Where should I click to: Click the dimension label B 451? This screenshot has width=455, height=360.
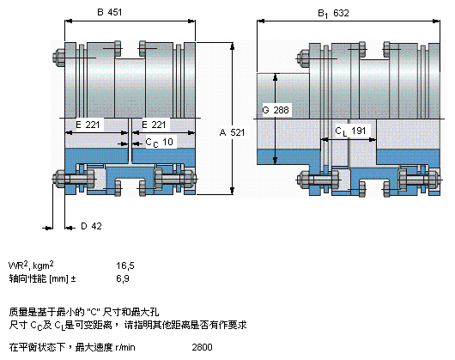109,12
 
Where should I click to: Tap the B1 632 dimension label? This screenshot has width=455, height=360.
333,14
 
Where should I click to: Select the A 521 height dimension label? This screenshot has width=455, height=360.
232,132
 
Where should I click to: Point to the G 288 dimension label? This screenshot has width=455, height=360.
276,110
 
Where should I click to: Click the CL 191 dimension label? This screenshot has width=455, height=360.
350,131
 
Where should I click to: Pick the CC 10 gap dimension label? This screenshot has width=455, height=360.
160,143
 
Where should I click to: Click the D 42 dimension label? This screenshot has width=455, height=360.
91,226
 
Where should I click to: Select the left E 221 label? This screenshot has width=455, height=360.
88,125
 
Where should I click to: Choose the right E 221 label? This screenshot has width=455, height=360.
154,125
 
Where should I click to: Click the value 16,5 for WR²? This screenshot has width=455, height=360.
125,265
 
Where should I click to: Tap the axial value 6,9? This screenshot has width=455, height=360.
123,278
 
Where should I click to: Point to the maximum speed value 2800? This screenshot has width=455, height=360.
202,347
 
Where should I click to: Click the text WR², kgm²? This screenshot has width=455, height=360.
31,265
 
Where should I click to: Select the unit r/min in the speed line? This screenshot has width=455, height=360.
125,347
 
